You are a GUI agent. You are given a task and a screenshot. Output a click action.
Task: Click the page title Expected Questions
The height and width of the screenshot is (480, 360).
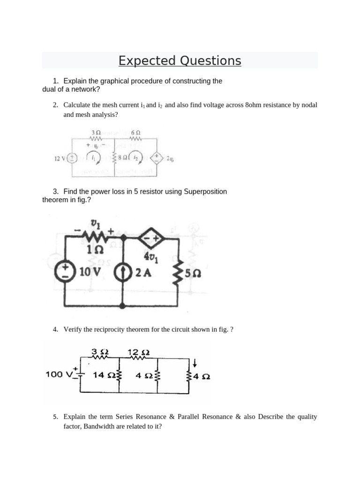point(180,61)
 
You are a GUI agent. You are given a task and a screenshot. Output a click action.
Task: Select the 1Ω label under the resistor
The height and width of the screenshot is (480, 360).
point(92,251)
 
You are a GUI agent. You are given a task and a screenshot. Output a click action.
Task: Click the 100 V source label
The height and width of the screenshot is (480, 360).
point(59,374)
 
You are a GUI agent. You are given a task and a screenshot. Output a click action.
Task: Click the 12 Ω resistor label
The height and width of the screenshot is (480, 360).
point(139,352)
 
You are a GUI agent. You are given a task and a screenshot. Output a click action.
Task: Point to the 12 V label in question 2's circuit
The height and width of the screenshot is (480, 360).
point(60,158)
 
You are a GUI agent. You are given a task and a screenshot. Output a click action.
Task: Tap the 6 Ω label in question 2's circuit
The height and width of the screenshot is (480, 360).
point(136,133)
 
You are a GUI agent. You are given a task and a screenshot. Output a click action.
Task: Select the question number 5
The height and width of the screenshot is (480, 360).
point(55,417)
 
